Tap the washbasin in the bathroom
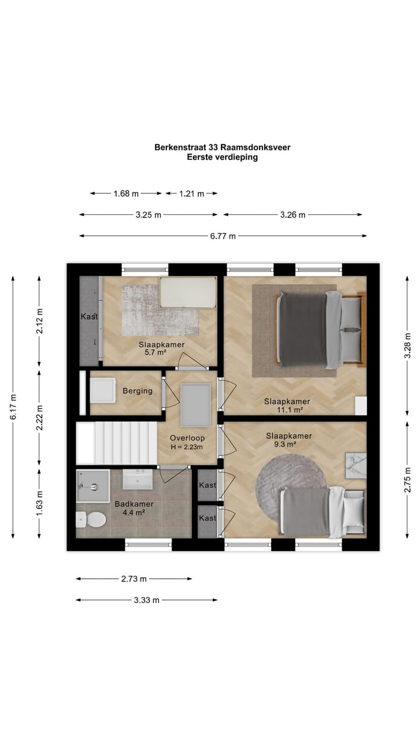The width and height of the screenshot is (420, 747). click(138, 479)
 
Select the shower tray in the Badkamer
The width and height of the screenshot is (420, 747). click(93, 486)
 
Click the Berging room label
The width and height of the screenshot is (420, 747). click(137, 391)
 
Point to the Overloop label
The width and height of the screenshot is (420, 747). click(187, 438)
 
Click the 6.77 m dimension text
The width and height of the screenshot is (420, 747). click(223, 236)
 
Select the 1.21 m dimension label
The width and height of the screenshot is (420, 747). click(191, 193)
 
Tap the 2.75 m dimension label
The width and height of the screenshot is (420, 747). click(407, 480)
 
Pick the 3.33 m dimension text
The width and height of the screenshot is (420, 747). click(146, 601)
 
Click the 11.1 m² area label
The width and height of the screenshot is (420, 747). click(290, 410)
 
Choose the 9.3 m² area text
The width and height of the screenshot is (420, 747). click(285, 444)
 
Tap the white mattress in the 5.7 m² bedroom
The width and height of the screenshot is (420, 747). click(188, 292)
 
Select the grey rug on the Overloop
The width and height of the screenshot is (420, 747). click(195, 405)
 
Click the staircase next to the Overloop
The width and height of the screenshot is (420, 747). click(116, 443)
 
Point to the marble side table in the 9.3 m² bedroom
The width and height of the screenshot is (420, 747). click(356, 466)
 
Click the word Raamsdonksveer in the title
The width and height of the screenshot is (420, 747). click(256, 147)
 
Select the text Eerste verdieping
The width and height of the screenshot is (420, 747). click(222, 157)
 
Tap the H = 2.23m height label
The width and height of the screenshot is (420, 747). click(187, 447)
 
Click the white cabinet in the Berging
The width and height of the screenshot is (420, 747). click(103, 390)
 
